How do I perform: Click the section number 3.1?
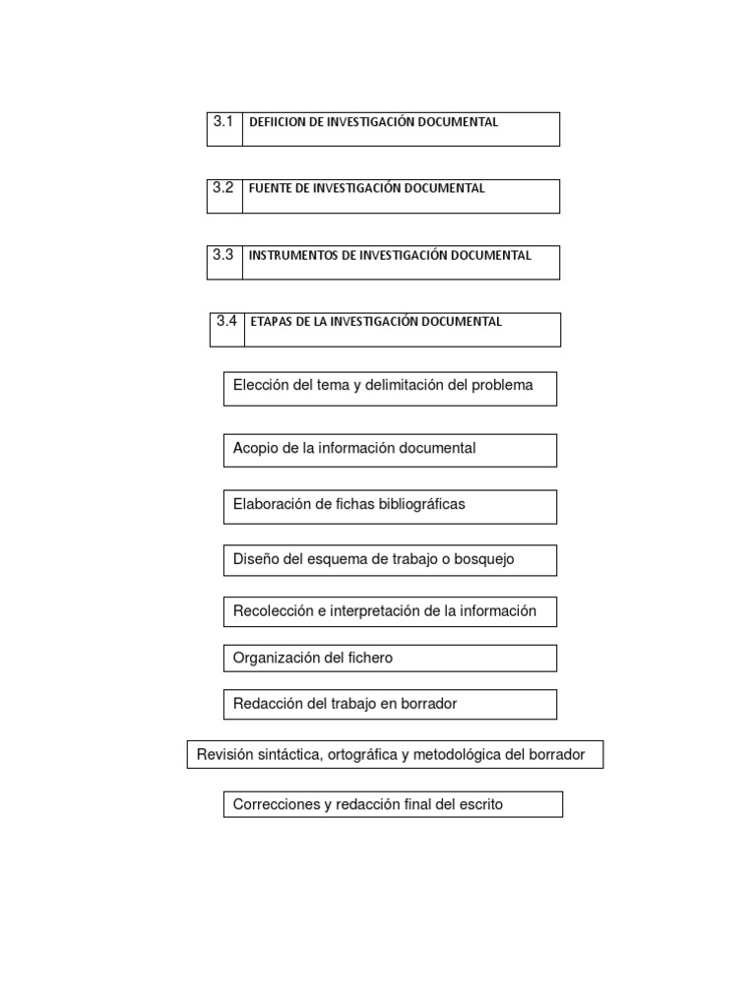point(222,122)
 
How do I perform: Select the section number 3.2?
point(222,188)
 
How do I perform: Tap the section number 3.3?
point(222,254)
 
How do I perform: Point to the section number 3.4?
point(226,321)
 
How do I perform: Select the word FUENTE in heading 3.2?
point(271,189)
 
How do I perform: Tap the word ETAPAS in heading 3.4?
point(272,322)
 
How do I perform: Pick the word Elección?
point(261,385)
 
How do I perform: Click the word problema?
point(502,386)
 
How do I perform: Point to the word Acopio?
point(255,448)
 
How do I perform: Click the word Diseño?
point(257,559)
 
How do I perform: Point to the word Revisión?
point(224,755)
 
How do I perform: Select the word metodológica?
point(460,756)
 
